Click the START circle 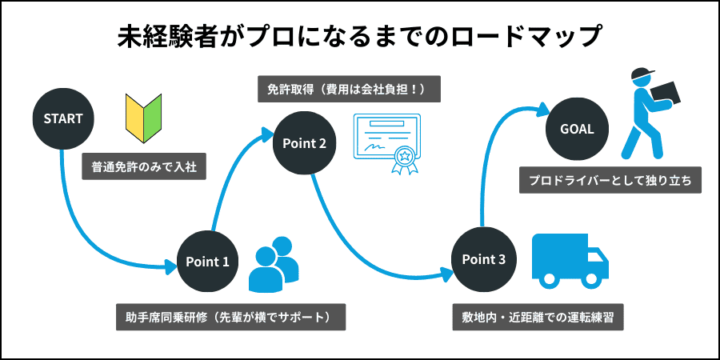(63, 118)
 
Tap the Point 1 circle (207, 262)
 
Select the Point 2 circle (304, 143)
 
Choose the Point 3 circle (483, 259)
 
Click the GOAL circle (577, 129)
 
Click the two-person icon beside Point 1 (273, 264)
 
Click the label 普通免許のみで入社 (144, 168)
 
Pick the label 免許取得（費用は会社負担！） (349, 89)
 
